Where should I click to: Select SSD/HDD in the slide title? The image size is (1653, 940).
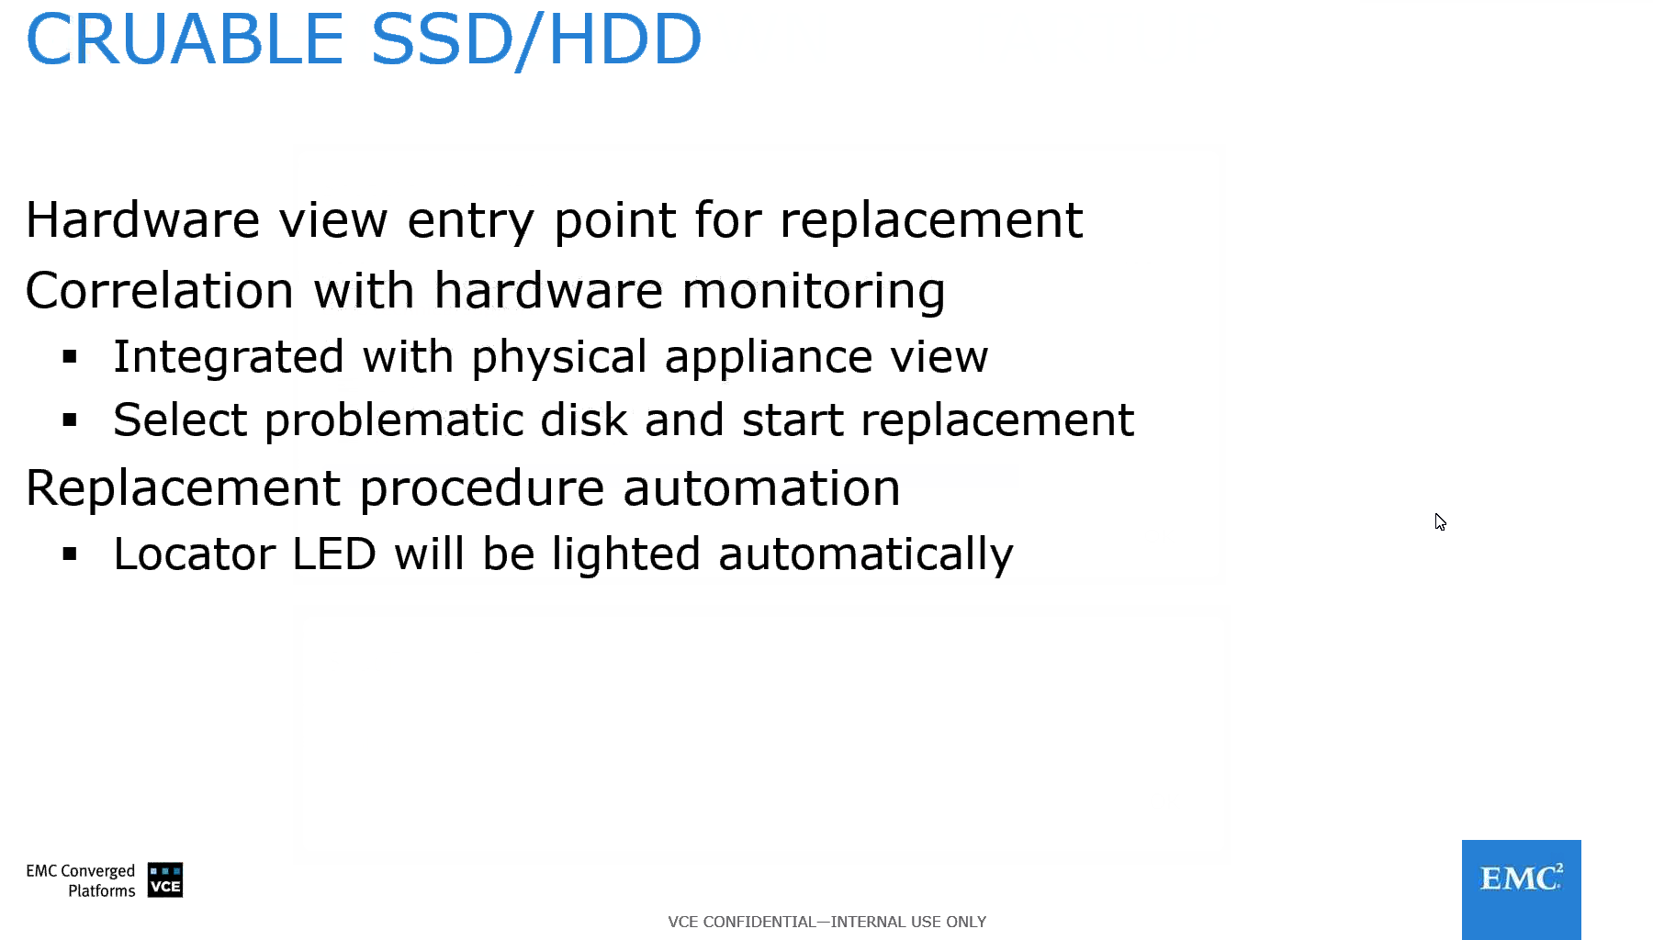(536, 41)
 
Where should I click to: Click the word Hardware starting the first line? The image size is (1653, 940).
(142, 220)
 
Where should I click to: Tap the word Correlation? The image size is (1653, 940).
(160, 291)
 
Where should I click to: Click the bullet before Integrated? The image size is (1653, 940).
(70, 357)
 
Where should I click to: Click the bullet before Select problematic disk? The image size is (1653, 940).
(70, 420)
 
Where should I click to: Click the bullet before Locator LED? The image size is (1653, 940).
(70, 554)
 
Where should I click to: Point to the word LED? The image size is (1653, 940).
(334, 554)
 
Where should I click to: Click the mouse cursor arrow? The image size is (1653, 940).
(1440, 521)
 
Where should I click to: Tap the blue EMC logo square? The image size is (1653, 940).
(1521, 890)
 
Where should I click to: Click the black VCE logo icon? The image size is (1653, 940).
(165, 879)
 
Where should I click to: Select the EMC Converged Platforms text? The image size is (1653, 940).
(81, 880)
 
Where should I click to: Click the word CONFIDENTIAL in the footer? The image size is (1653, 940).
(759, 922)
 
